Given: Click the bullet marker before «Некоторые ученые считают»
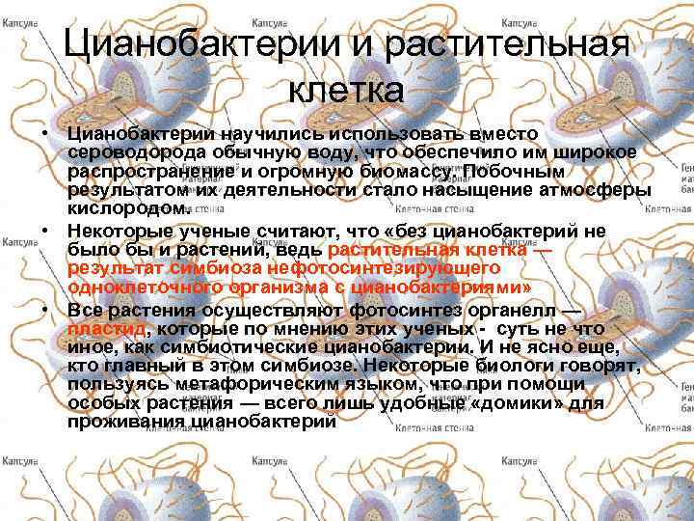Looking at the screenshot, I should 45,232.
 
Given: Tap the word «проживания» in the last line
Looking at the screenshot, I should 129,422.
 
